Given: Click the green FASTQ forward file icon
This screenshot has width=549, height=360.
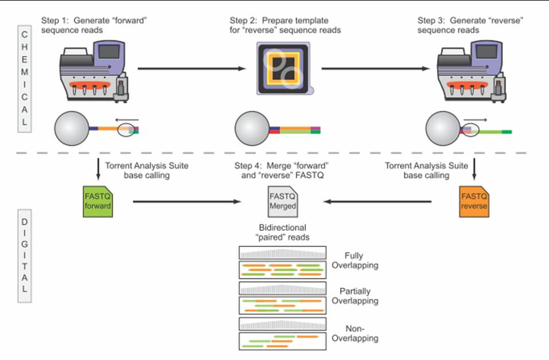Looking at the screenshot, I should (97, 202).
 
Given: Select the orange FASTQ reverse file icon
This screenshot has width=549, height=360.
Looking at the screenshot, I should (474, 202).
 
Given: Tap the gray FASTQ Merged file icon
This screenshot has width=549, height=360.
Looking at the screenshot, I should (283, 202).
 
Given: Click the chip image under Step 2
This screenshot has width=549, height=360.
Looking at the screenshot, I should (282, 70).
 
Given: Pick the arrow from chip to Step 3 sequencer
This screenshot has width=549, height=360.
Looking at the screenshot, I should (375, 69).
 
